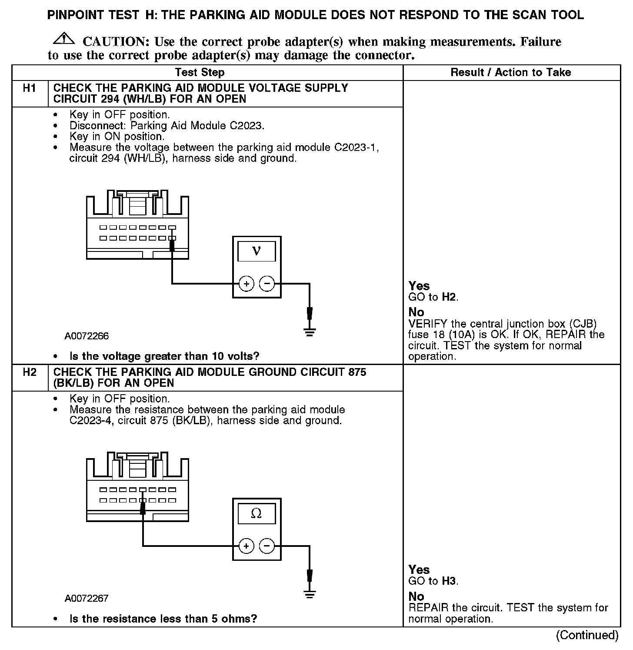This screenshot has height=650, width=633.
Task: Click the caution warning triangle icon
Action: (x=63, y=39)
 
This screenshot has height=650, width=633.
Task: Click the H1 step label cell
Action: (x=30, y=88)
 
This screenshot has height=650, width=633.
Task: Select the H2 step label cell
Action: (x=30, y=372)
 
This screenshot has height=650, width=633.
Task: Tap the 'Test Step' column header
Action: (x=200, y=73)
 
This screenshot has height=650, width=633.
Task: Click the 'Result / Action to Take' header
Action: (x=511, y=73)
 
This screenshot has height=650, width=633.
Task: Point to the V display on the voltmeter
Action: (x=257, y=251)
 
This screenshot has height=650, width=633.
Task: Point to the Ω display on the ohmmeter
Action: (x=257, y=514)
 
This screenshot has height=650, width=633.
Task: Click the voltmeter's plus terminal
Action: (x=246, y=284)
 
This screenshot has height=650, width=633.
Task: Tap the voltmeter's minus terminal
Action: (x=267, y=284)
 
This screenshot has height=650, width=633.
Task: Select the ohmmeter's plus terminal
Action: (x=246, y=546)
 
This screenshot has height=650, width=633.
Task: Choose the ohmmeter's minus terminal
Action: (x=267, y=546)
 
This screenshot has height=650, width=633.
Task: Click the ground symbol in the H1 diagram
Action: (x=310, y=332)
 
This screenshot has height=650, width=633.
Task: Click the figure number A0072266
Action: (x=87, y=336)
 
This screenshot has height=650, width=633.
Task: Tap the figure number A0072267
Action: (x=87, y=598)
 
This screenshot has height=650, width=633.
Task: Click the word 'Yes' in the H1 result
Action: (x=419, y=286)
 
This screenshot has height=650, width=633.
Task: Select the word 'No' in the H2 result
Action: (x=416, y=596)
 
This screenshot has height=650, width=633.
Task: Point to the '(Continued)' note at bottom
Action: (x=587, y=635)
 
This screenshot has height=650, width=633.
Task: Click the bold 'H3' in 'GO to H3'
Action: (x=450, y=581)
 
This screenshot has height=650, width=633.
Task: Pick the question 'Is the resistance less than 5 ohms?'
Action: (x=163, y=619)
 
